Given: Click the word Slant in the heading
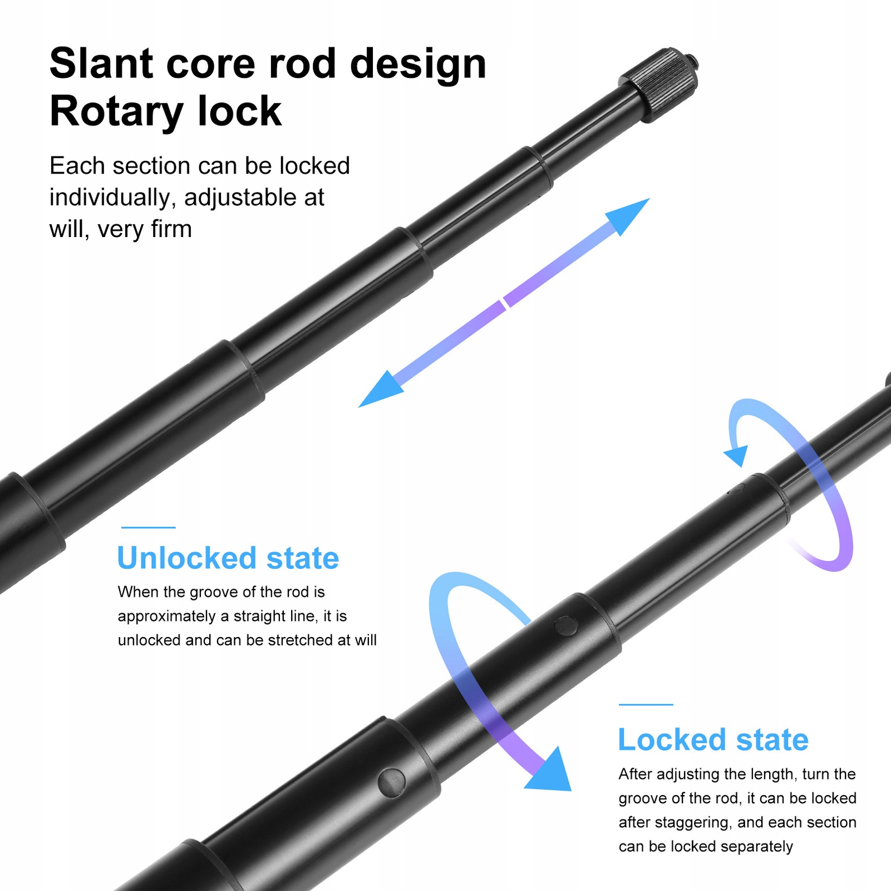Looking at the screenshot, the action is [x=101, y=63].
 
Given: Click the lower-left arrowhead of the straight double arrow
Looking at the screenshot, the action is [x=378, y=391].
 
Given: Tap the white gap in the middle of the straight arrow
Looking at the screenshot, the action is [x=504, y=303].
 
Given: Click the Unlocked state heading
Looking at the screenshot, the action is [x=228, y=558].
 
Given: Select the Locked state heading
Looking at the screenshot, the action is [x=713, y=740].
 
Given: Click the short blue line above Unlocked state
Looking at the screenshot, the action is [x=148, y=528].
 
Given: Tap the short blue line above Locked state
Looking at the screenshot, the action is [x=646, y=705].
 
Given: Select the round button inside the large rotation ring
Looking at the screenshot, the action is [x=566, y=626].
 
